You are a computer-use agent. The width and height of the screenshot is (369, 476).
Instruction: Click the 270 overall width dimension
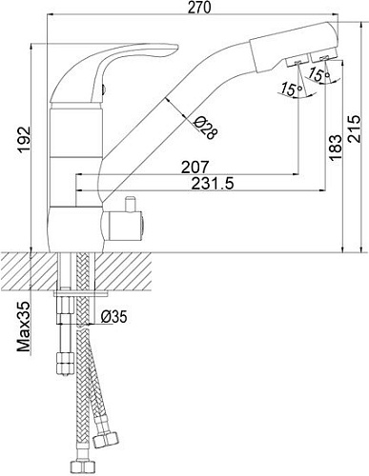(x=199, y=8)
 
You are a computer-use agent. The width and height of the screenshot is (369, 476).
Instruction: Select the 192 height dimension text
(x=24, y=140)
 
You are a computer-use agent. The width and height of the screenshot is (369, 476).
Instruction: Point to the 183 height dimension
(x=335, y=148)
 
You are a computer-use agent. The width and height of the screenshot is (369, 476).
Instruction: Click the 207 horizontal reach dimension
(x=195, y=167)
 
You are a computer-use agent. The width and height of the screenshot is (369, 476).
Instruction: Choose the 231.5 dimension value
(x=213, y=184)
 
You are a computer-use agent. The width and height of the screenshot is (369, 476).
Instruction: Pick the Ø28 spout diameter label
(x=206, y=128)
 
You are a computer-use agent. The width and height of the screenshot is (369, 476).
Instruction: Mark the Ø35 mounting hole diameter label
(x=113, y=317)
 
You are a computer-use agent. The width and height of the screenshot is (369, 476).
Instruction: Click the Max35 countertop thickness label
(x=24, y=327)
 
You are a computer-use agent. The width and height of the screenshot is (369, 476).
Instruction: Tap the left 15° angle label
(x=291, y=89)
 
